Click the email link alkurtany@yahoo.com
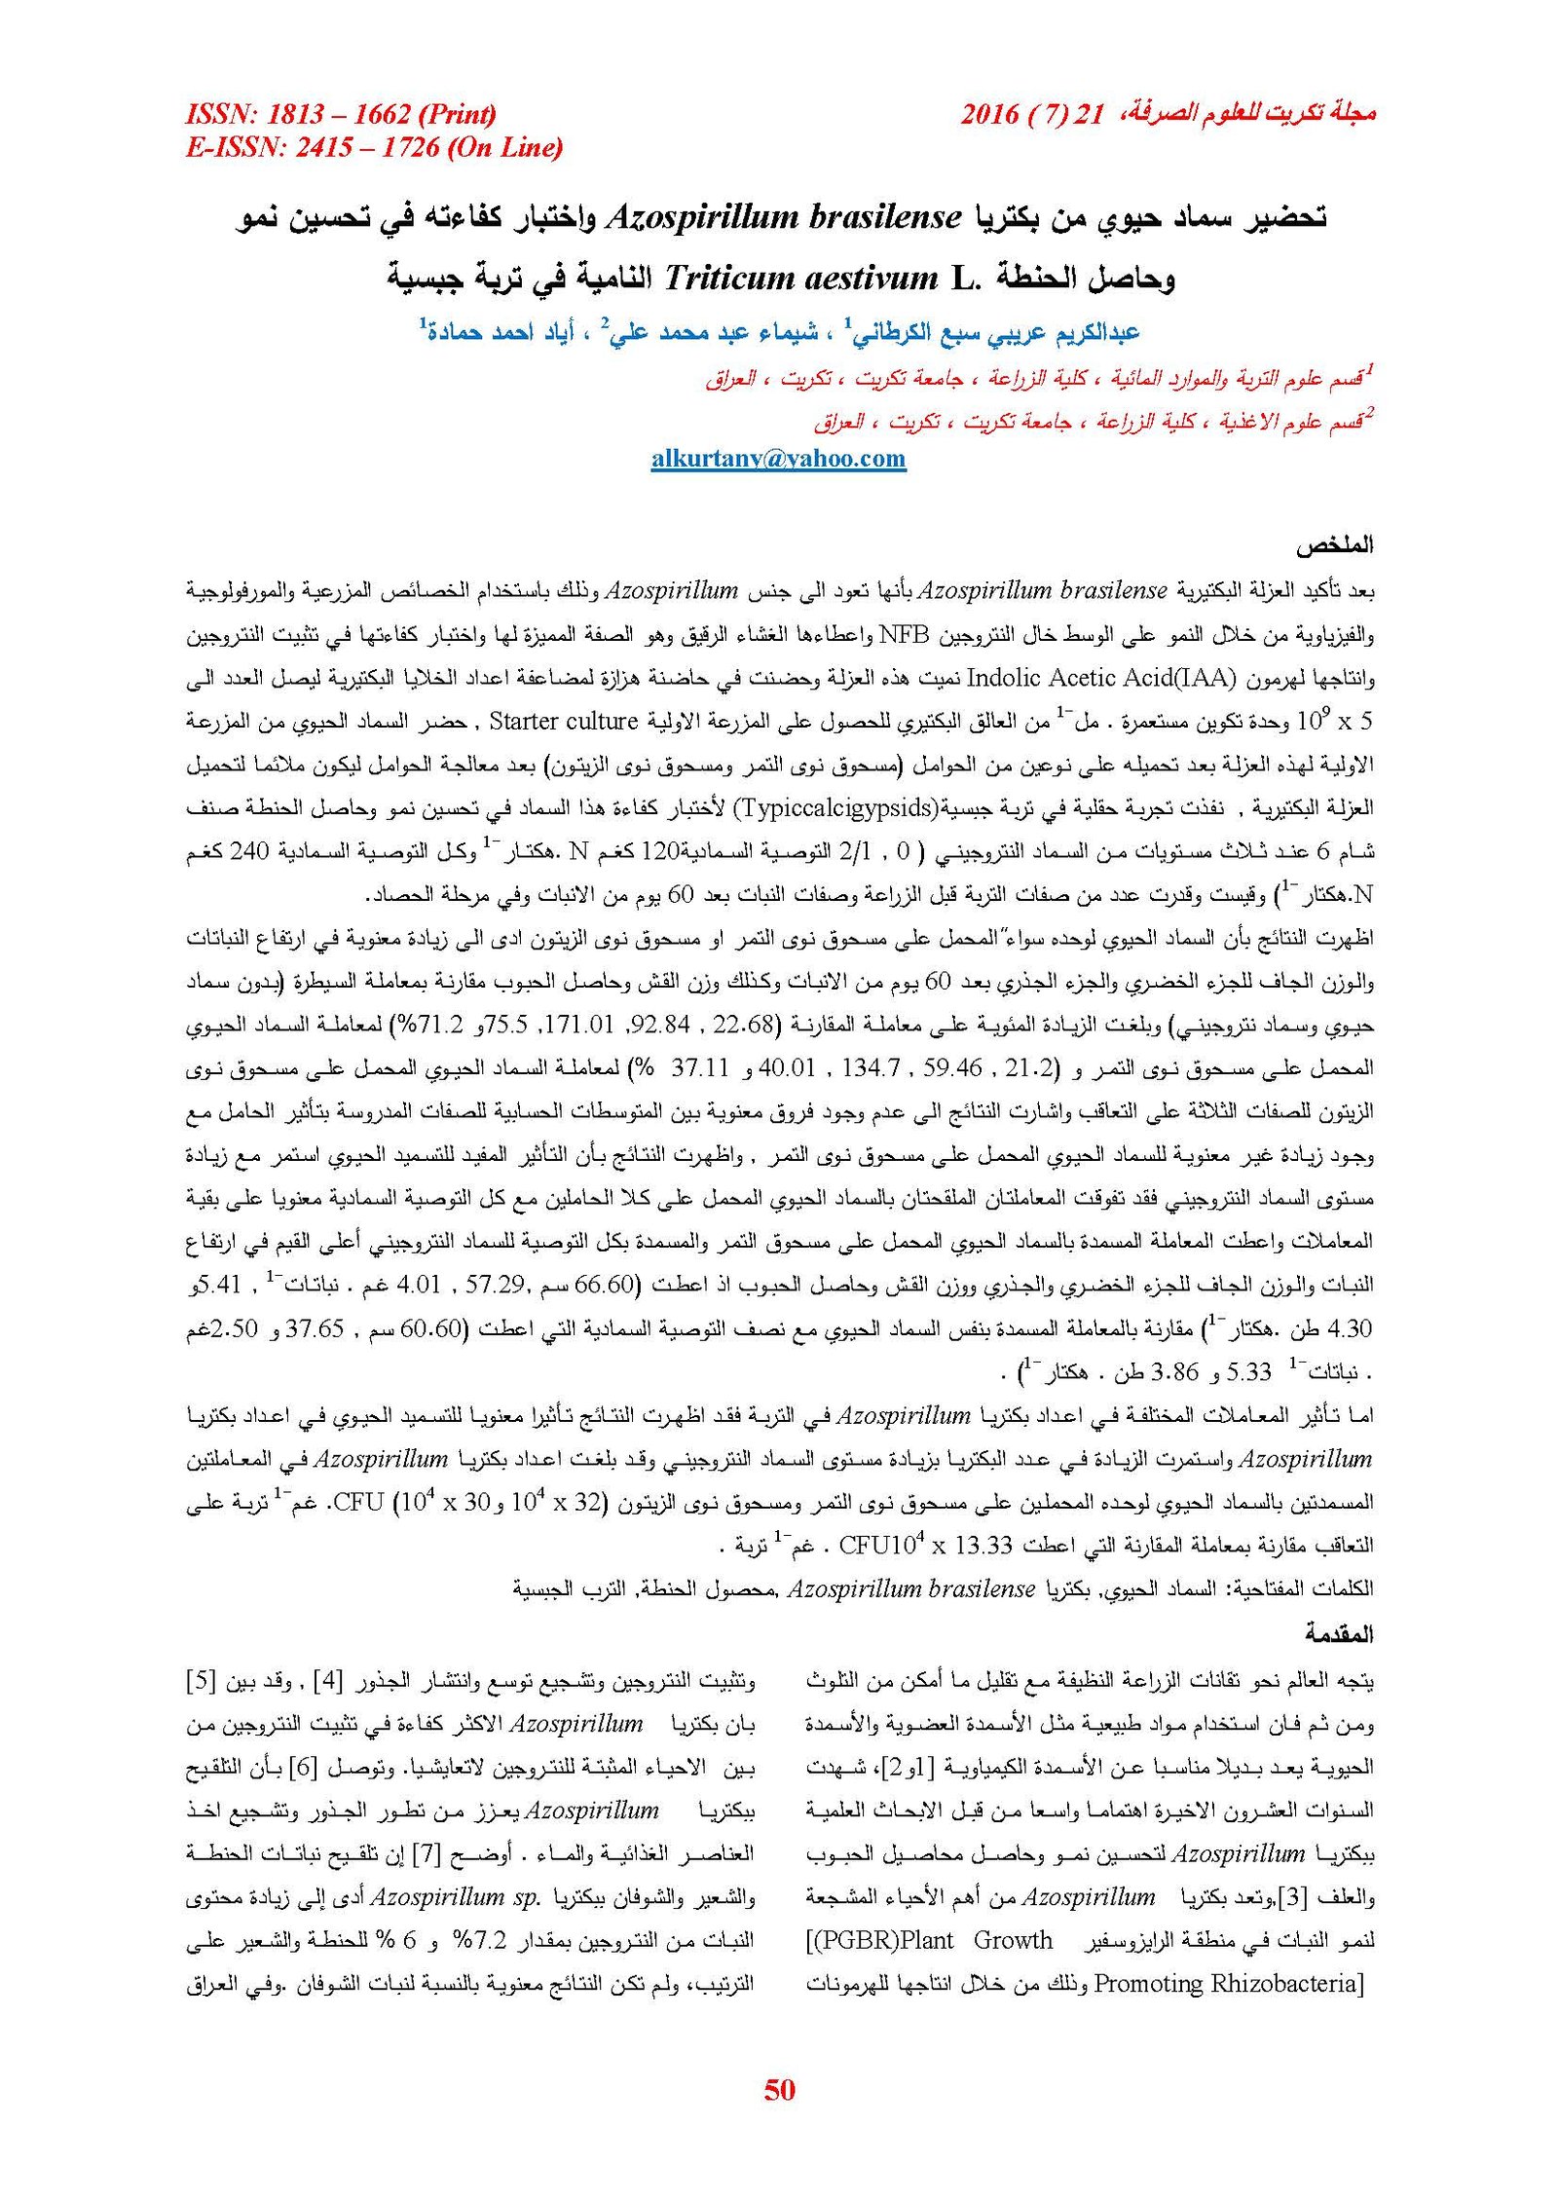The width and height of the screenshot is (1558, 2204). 778,459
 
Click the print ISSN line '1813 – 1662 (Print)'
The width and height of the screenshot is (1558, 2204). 381,115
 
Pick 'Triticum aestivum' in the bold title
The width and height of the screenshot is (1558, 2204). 800,280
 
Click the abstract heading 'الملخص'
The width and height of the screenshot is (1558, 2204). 1341,545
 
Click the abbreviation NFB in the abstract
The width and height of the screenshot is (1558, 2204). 905,634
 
